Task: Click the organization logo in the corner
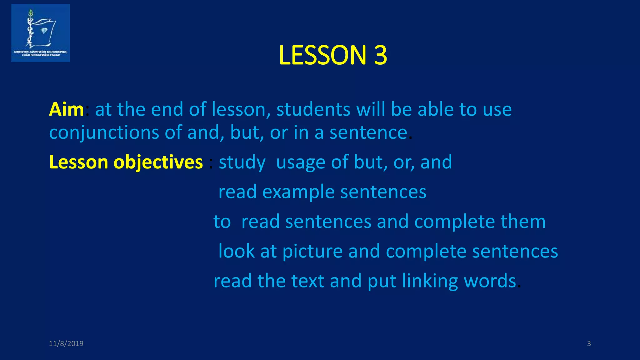coord(40,33)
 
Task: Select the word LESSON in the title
coord(322,55)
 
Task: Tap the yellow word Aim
coord(66,109)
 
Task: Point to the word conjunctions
coord(104,133)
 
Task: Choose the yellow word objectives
coord(158,162)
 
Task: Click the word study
coord(242,162)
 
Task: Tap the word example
coord(298,192)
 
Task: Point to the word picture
coord(312,251)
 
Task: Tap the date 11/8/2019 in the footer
coord(66,343)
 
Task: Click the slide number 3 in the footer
coord(589,343)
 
